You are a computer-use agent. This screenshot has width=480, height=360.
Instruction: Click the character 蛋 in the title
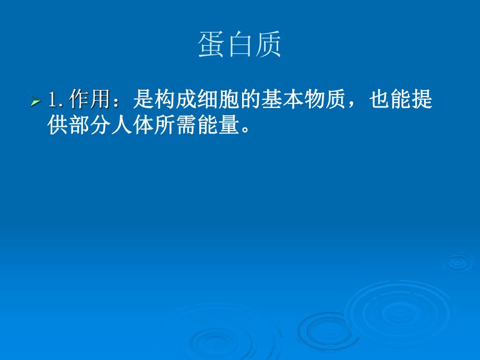coord(212,45)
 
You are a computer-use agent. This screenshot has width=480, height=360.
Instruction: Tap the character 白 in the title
coord(240,45)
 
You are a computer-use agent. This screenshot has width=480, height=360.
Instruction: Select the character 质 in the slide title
coord(268,45)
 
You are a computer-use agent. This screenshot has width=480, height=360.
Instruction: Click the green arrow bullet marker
coord(35,100)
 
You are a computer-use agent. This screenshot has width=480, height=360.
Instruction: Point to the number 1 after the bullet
coord(52,100)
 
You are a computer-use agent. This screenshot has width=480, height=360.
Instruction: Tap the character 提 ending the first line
coord(422,100)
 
